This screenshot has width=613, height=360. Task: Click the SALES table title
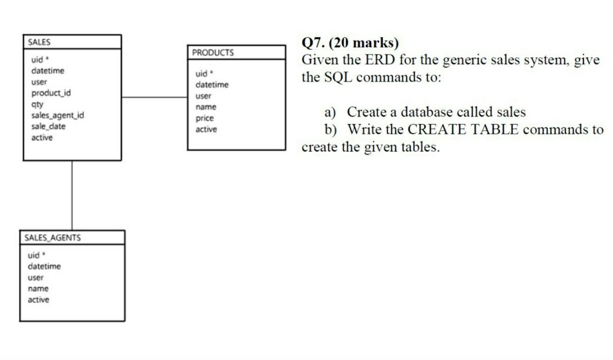(39, 42)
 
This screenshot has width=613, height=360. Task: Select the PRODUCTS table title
(213, 53)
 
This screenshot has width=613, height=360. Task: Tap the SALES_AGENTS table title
(52, 238)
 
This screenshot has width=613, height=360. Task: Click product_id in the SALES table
(51, 93)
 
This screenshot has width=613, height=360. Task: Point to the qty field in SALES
(37, 104)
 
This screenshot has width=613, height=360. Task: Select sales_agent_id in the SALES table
(57, 115)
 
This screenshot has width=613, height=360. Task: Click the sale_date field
(48, 126)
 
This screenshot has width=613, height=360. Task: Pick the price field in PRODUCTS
(204, 118)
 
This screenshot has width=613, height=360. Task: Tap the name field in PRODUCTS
(206, 107)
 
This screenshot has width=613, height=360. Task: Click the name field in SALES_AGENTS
(38, 288)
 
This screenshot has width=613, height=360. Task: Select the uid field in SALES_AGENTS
(34, 255)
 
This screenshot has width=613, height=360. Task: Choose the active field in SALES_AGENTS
(39, 300)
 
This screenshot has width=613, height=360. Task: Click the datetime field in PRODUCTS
(212, 85)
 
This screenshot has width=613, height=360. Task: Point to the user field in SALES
(39, 82)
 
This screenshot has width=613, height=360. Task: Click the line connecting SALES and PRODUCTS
(154, 97)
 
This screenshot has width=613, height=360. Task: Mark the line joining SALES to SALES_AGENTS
(72, 195)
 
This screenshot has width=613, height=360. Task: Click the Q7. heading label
(313, 43)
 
